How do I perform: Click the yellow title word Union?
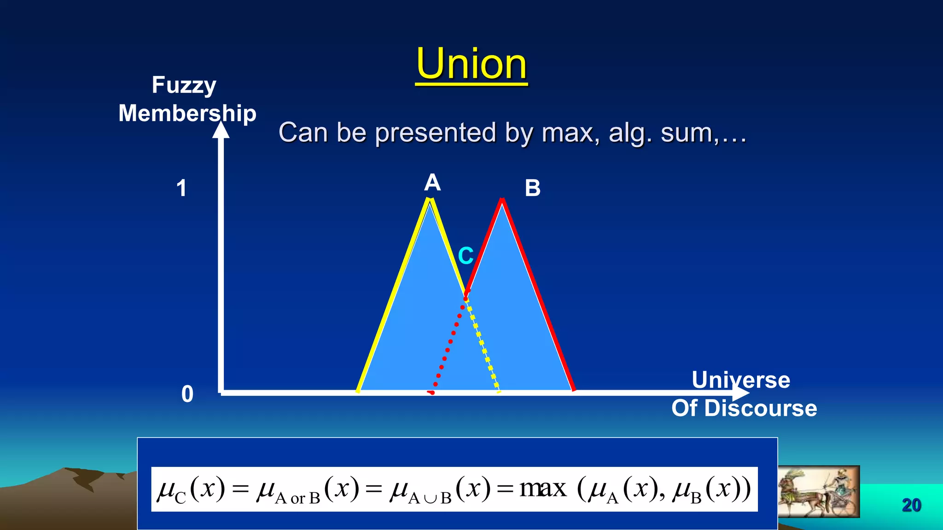point(471,64)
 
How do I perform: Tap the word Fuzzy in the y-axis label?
point(184,86)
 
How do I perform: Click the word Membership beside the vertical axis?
point(187,113)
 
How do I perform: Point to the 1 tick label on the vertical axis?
point(181,188)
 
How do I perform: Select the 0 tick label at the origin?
point(187,394)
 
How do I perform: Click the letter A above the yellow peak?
point(432,183)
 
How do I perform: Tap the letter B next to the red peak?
point(532,188)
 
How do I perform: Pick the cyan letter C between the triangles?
point(466,256)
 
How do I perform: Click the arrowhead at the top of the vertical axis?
point(221,129)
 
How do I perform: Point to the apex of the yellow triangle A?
point(430,199)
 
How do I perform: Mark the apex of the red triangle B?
point(502,200)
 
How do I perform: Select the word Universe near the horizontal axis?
point(741,380)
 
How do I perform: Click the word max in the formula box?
point(543,488)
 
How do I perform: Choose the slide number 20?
point(911,505)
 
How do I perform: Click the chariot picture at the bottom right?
point(818,491)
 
